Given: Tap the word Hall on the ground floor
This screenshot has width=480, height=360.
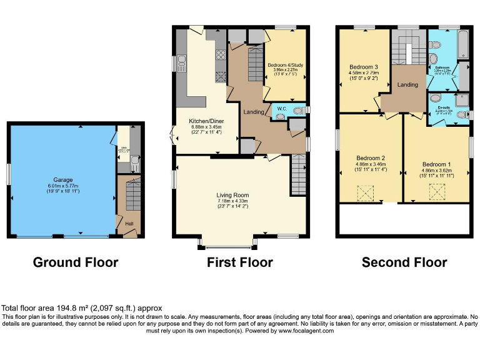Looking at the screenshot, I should pos(129,222).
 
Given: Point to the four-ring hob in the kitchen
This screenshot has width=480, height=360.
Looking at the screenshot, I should pos(220,58).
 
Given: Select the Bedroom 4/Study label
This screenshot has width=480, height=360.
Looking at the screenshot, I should pos(285,65).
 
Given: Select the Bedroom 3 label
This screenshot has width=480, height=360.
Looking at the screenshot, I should pos(363,67).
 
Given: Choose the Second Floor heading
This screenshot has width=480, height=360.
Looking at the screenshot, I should pos(404,262).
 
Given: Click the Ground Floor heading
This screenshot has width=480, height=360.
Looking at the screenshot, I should pos(75,262).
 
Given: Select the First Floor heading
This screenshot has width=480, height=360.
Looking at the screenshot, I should pos(240,262).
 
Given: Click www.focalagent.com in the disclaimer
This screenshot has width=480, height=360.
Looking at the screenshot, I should pos(302,331).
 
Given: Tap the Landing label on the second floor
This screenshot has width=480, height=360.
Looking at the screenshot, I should pos(407,85).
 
